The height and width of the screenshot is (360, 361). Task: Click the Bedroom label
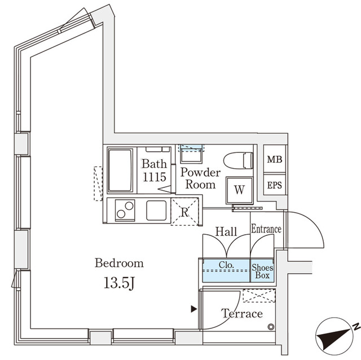119,263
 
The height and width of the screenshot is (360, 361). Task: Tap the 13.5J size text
119,283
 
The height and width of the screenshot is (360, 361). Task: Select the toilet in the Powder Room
238,161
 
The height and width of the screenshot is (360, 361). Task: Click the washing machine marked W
239,190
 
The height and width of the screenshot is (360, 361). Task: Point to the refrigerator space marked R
184,212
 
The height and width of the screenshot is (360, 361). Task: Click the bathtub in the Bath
120,170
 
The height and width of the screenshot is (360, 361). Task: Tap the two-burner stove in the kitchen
125,210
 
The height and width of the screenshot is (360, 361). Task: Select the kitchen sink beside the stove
156,210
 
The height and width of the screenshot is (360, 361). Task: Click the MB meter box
275,159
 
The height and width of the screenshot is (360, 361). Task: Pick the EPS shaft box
275,185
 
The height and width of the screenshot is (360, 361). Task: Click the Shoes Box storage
262,271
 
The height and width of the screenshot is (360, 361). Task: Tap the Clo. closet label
226,265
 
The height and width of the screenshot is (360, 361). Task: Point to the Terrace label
242,314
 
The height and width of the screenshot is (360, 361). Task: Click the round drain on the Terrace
271,327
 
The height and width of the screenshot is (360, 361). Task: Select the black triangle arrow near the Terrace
194,309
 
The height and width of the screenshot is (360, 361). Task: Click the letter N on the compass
356,326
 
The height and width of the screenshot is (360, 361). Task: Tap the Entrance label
266,229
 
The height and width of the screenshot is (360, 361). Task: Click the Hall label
226,231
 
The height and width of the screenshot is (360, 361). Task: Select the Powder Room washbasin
191,155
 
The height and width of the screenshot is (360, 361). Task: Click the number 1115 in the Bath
155,177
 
